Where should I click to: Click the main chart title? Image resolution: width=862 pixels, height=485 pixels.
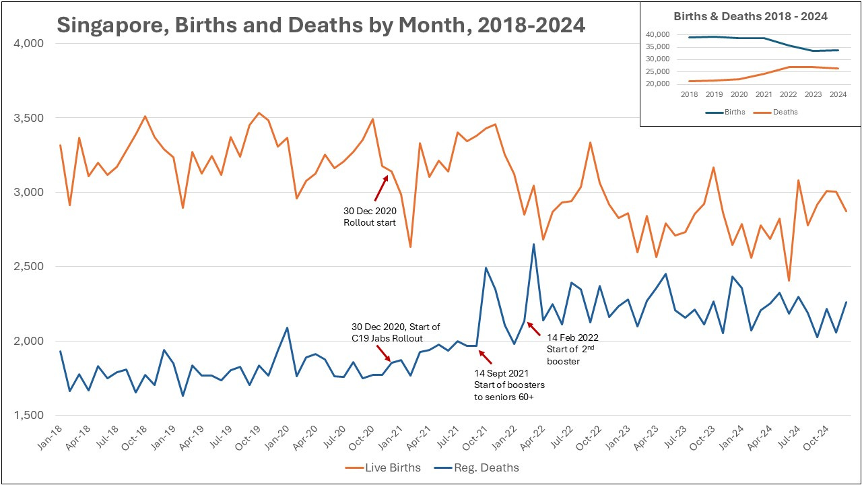coord(321,25)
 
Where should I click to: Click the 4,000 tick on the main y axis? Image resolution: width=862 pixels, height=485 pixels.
coord(29,44)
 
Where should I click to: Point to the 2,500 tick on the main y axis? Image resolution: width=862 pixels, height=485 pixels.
coord(29,267)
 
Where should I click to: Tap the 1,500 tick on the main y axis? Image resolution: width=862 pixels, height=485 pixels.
coord(29,416)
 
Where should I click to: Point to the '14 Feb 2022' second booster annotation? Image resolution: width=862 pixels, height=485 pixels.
coord(572,349)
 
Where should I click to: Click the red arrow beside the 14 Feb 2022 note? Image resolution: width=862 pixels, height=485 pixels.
coord(533,329)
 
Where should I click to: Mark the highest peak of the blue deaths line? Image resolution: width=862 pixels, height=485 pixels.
coord(533,245)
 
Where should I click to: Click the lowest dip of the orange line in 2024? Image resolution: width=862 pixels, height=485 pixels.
coord(789,280)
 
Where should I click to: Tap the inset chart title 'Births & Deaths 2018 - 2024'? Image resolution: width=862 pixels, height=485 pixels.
coord(750,16)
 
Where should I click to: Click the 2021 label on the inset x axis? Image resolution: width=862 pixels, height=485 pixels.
coord(763,94)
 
